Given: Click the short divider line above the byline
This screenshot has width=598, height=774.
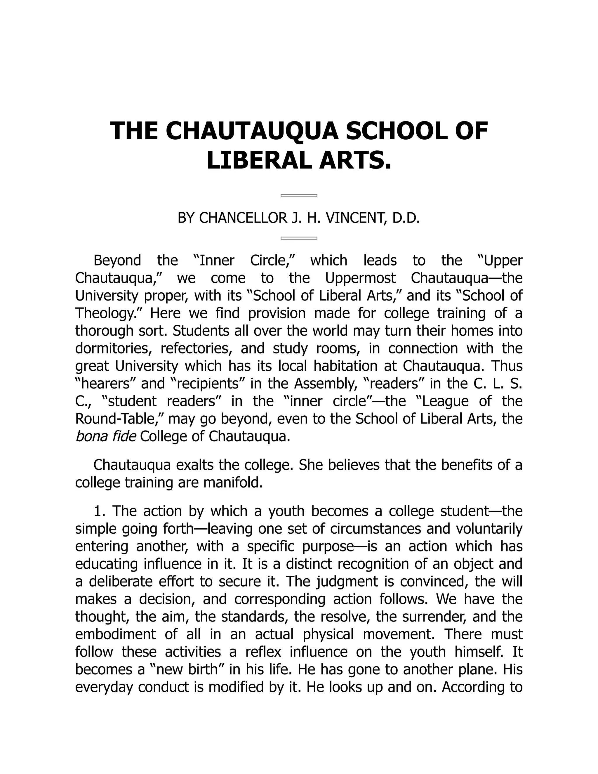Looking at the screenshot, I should (299, 196).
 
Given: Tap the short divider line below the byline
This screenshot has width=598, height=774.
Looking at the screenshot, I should (299, 238).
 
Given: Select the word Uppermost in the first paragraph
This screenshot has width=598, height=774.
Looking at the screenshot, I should (360, 278).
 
